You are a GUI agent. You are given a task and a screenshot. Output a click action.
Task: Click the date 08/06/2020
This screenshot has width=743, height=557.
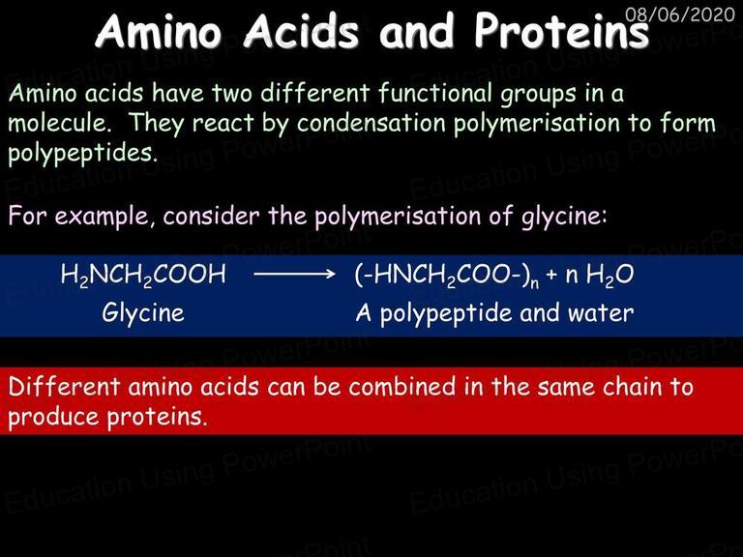[x=679, y=15]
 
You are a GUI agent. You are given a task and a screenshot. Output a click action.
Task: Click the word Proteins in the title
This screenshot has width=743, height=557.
[x=561, y=31]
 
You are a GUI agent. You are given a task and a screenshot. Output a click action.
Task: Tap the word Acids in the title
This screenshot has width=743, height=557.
[x=301, y=31]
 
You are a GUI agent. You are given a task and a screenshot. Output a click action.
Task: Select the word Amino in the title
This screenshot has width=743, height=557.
[x=159, y=31]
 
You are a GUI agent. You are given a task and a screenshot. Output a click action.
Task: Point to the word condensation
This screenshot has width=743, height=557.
[x=371, y=123]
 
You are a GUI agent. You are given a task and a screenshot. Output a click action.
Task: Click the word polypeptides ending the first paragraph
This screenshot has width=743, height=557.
[x=82, y=154]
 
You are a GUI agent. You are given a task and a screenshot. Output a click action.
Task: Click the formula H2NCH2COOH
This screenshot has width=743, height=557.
[x=143, y=275]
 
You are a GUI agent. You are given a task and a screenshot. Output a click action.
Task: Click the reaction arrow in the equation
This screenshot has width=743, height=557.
[x=294, y=274]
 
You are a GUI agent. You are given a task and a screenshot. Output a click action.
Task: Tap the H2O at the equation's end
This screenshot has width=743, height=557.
[x=609, y=276]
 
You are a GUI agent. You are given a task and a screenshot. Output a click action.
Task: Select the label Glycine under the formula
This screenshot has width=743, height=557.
[x=143, y=313]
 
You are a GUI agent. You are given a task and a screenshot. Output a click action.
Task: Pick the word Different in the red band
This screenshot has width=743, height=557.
[x=64, y=386]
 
